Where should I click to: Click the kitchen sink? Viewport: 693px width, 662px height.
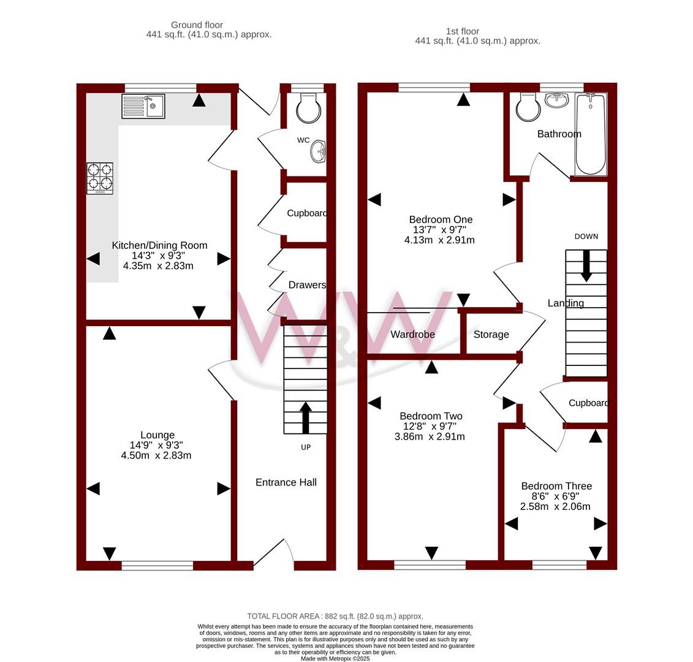[143, 106]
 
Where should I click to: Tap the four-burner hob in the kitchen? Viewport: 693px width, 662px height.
[100, 178]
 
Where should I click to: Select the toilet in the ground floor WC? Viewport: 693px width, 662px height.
[308, 107]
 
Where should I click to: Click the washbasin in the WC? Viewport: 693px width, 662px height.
[318, 151]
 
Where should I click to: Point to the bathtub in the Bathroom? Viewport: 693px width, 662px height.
[591, 134]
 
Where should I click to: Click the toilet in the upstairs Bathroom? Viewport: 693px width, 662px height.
[529, 107]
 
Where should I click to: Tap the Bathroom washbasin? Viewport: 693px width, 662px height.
[557, 100]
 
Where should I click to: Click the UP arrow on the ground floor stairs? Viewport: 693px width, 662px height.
[305, 417]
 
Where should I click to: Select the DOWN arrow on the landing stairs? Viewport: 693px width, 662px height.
[586, 266]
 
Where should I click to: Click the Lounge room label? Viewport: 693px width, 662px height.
[157, 435]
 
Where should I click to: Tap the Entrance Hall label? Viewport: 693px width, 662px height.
[286, 482]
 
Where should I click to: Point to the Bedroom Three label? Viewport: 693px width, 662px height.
[556, 486]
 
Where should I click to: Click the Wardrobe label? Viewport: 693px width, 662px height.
[412, 334]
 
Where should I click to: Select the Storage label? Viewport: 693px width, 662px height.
[491, 334]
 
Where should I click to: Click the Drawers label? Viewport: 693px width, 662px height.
[307, 285]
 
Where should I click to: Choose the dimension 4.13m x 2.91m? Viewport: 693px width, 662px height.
[439, 240]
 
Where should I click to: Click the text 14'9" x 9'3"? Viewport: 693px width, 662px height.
[156, 445]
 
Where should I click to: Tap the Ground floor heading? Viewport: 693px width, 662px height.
[197, 25]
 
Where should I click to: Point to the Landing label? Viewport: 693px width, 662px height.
[566, 303]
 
